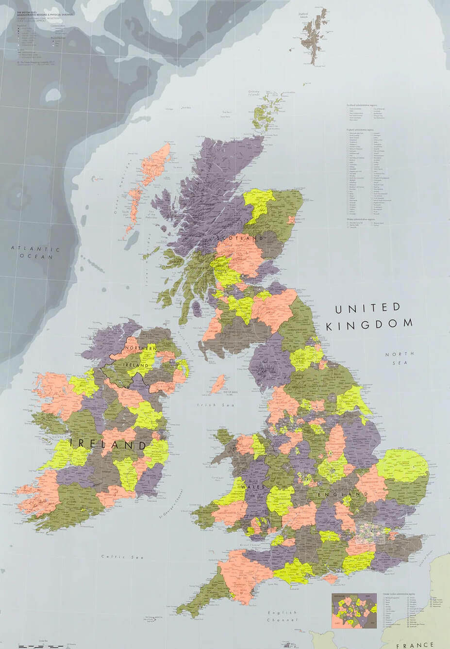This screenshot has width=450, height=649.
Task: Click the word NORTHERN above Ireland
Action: click(x=141, y=348)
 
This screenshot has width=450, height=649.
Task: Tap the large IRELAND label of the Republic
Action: click(x=108, y=444)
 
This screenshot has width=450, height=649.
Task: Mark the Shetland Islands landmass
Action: click(x=311, y=36)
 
